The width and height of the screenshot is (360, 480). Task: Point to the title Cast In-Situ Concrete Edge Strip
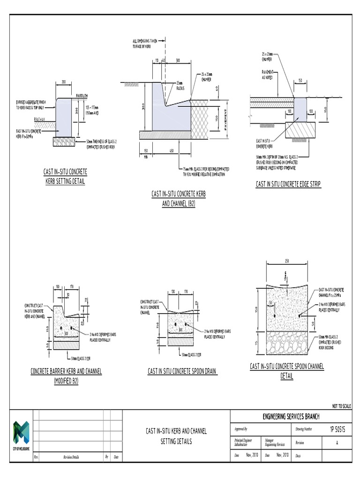(x=288, y=185)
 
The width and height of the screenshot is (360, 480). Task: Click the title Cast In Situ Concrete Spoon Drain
(x=182, y=371)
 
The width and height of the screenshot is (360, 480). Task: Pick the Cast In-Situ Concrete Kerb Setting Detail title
(x=65, y=177)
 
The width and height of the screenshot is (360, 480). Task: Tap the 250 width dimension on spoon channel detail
(x=286, y=261)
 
